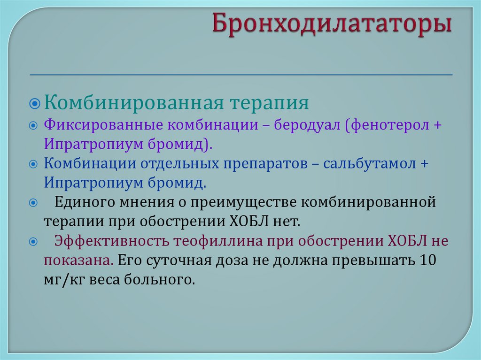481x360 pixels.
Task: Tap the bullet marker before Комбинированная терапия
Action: click(36, 103)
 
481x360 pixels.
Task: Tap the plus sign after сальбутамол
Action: click(425, 164)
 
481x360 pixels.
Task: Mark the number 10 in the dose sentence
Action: click(428, 260)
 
